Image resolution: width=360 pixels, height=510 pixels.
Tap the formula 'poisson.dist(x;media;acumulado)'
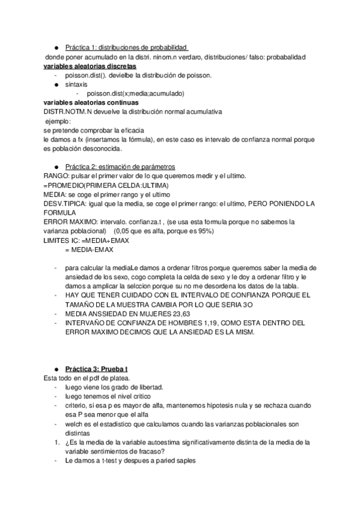click(x=135, y=93)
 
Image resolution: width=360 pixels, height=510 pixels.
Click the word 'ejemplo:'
click(x=58, y=121)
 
